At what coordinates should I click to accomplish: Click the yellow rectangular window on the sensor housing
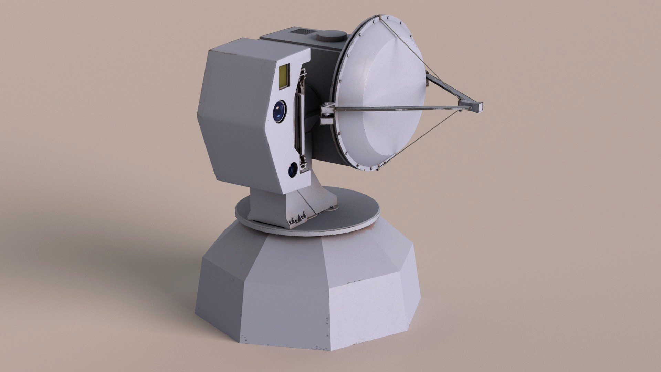[x=284, y=76]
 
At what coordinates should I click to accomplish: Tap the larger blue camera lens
[x=279, y=111]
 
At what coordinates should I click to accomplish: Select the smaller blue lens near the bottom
[x=293, y=169]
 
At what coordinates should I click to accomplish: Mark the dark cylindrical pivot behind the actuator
[x=312, y=114]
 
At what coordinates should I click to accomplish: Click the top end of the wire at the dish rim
[x=381, y=19]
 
